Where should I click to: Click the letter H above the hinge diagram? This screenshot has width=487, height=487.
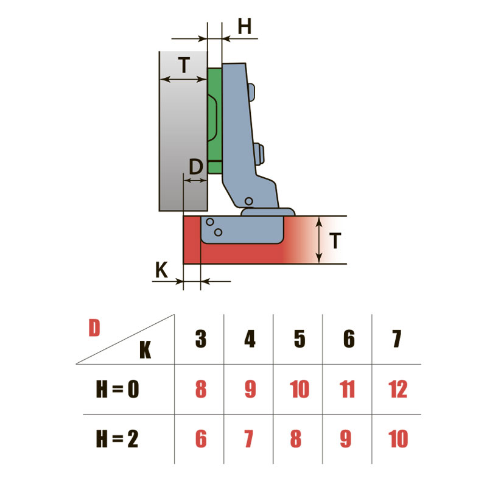[245, 26]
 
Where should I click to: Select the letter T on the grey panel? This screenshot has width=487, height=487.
[184, 65]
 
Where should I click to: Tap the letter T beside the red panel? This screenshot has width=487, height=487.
[335, 240]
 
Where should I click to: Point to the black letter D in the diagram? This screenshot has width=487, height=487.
[196, 167]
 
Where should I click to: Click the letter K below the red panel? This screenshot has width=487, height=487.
[161, 270]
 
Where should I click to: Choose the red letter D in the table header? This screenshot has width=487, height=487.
[94, 328]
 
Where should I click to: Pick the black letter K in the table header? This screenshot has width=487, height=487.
[145, 350]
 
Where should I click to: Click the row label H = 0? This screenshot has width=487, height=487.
[117, 389]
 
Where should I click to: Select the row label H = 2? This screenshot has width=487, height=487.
[117, 438]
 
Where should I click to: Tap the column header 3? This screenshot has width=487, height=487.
[201, 338]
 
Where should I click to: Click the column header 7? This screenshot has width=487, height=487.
[397, 339]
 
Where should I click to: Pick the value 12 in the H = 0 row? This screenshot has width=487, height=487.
[398, 389]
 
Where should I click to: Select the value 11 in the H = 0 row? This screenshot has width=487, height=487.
[347, 389]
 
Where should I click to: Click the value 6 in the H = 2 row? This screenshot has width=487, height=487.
[201, 438]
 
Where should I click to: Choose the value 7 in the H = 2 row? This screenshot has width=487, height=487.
[249, 438]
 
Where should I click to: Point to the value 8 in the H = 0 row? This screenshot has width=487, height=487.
[201, 389]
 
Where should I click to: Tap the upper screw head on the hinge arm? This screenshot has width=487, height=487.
[251, 93]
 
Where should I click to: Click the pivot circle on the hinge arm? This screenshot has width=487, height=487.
[248, 201]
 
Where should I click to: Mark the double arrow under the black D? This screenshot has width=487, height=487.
[195, 180]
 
